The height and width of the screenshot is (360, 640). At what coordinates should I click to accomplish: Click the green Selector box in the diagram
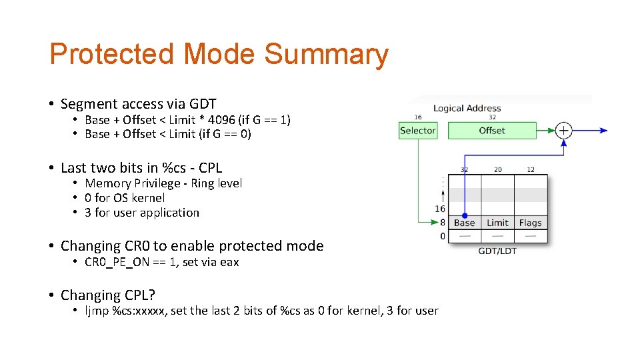click(417, 131)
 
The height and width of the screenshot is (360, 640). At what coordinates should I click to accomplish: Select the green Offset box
click(492, 131)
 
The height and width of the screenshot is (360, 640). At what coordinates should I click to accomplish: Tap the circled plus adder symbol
click(564, 131)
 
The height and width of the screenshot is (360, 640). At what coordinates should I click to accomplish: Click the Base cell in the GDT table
click(464, 223)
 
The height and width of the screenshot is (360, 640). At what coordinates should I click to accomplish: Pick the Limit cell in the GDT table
click(497, 223)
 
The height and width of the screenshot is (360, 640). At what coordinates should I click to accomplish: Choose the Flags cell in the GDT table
click(531, 223)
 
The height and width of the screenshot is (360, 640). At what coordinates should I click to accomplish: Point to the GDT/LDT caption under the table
click(497, 251)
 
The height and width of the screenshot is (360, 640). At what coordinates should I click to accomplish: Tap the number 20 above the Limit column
click(497, 169)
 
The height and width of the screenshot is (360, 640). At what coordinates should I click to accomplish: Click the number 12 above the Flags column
click(531, 169)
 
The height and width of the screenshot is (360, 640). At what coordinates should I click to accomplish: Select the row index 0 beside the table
click(443, 236)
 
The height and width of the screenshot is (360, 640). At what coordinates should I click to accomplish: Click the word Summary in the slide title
click(326, 55)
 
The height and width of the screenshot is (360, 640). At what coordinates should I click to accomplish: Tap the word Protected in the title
click(112, 55)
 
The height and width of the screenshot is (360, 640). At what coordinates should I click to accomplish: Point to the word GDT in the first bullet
click(203, 104)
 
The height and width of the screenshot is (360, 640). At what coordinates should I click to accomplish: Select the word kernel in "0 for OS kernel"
click(148, 198)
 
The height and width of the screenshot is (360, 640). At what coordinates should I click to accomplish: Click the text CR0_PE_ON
click(117, 262)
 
